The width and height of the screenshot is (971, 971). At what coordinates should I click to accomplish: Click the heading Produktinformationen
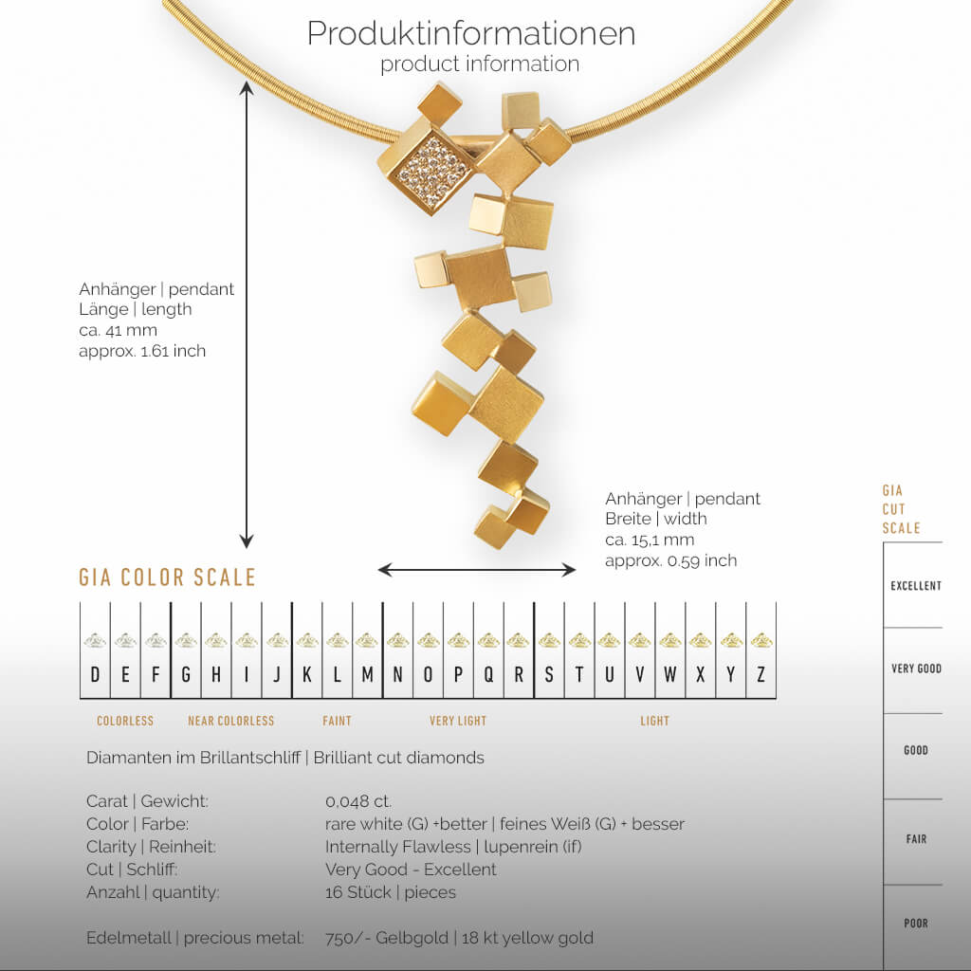click(x=470, y=33)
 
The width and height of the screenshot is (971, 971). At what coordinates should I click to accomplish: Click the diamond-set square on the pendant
click(x=432, y=172)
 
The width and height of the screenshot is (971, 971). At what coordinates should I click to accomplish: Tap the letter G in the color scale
click(x=186, y=675)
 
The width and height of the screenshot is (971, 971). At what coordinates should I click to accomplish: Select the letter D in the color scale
click(x=95, y=675)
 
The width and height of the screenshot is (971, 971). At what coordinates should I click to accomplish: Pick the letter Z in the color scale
click(x=760, y=675)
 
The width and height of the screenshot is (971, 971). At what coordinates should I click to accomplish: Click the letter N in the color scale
click(x=397, y=675)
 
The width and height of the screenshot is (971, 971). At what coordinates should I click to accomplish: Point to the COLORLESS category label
click(x=125, y=722)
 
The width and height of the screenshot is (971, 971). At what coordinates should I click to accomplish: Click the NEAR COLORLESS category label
click(x=230, y=722)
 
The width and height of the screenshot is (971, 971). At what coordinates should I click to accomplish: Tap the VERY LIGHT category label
click(x=458, y=722)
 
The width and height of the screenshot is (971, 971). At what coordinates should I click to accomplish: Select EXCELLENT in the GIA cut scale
click(x=915, y=586)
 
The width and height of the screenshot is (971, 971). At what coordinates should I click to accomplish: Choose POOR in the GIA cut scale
click(x=915, y=924)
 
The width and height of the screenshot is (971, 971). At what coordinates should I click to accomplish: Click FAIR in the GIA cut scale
click(x=915, y=839)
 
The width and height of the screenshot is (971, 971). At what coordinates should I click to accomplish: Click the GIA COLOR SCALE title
click(x=167, y=577)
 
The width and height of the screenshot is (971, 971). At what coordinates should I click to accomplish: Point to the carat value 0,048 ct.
click(x=358, y=801)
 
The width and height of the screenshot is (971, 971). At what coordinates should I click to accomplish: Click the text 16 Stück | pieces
click(x=390, y=892)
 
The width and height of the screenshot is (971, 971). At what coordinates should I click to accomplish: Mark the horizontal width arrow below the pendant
click(x=477, y=570)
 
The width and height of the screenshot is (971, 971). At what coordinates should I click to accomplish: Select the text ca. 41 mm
click(x=118, y=331)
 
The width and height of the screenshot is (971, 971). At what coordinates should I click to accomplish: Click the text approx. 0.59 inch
click(x=670, y=560)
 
